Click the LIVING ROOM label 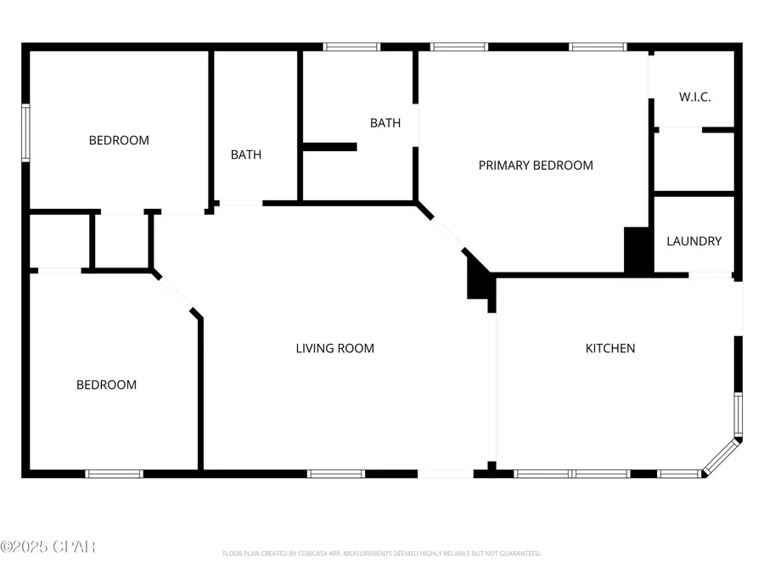pyautogui.click(x=334, y=348)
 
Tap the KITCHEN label pyautogui.click(x=610, y=348)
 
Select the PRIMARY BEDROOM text pyautogui.click(x=536, y=166)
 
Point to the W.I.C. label pyautogui.click(x=694, y=97)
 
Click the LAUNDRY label pyautogui.click(x=694, y=241)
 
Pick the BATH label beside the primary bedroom pyautogui.click(x=385, y=123)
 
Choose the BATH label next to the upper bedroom pyautogui.click(x=246, y=154)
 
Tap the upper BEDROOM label pyautogui.click(x=119, y=140)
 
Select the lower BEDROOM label pyautogui.click(x=106, y=385)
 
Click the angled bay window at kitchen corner pyautogui.click(x=721, y=457)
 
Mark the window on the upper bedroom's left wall pyautogui.click(x=25, y=132)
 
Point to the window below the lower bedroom pyautogui.click(x=114, y=474)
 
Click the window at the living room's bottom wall pyautogui.click(x=336, y=474)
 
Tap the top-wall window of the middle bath pyautogui.click(x=351, y=47)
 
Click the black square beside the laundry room pyautogui.click(x=637, y=250)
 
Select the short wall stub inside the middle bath pyautogui.click(x=329, y=147)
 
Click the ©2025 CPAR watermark pyautogui.click(x=48, y=546)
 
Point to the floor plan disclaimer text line pyautogui.click(x=381, y=553)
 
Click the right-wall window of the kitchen pyautogui.click(x=738, y=414)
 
